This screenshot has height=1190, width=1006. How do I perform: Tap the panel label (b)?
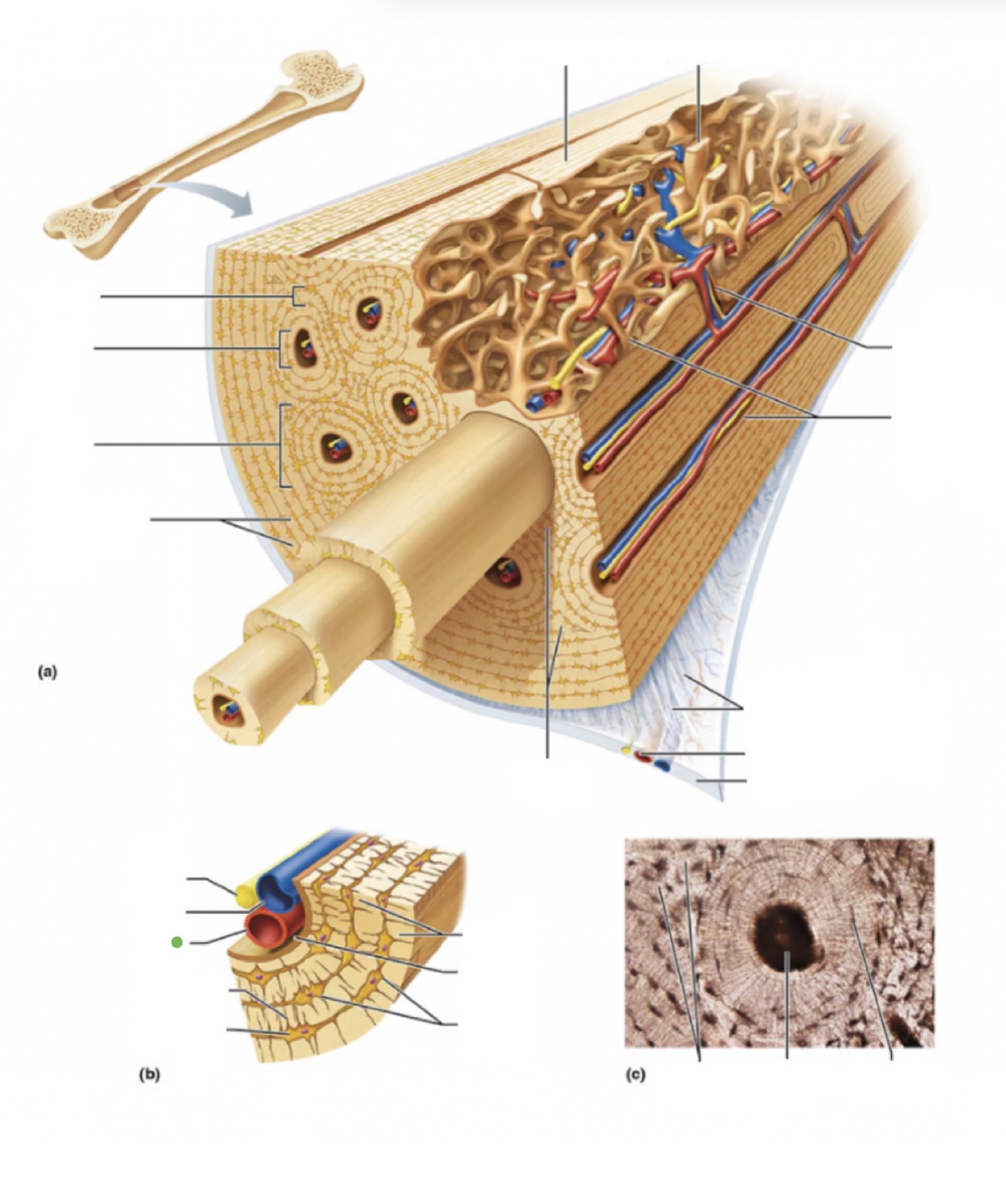coord(149,1074)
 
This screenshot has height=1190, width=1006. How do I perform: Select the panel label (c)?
coord(635,1074)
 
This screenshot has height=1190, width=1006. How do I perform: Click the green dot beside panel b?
coord(176,942)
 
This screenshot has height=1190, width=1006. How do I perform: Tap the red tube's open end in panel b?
coord(264,928)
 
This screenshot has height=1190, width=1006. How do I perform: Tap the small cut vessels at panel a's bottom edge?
coord(648,757)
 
